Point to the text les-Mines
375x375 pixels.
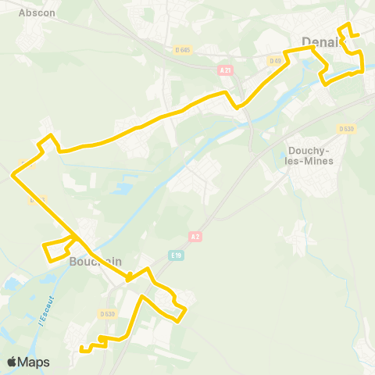[311, 161]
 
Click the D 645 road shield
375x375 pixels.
[184, 50]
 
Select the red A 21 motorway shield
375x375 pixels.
[226, 70]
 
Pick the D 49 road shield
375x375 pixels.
[274, 61]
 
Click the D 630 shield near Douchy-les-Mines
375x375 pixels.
[346, 128]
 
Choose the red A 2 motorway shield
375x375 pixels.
[195, 236]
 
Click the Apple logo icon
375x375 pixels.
[12, 362]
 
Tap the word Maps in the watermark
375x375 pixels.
[34, 362]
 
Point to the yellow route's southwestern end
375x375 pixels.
[81, 349]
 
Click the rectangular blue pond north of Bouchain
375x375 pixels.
[123, 189]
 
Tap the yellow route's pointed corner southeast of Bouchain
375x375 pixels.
[185, 311]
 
